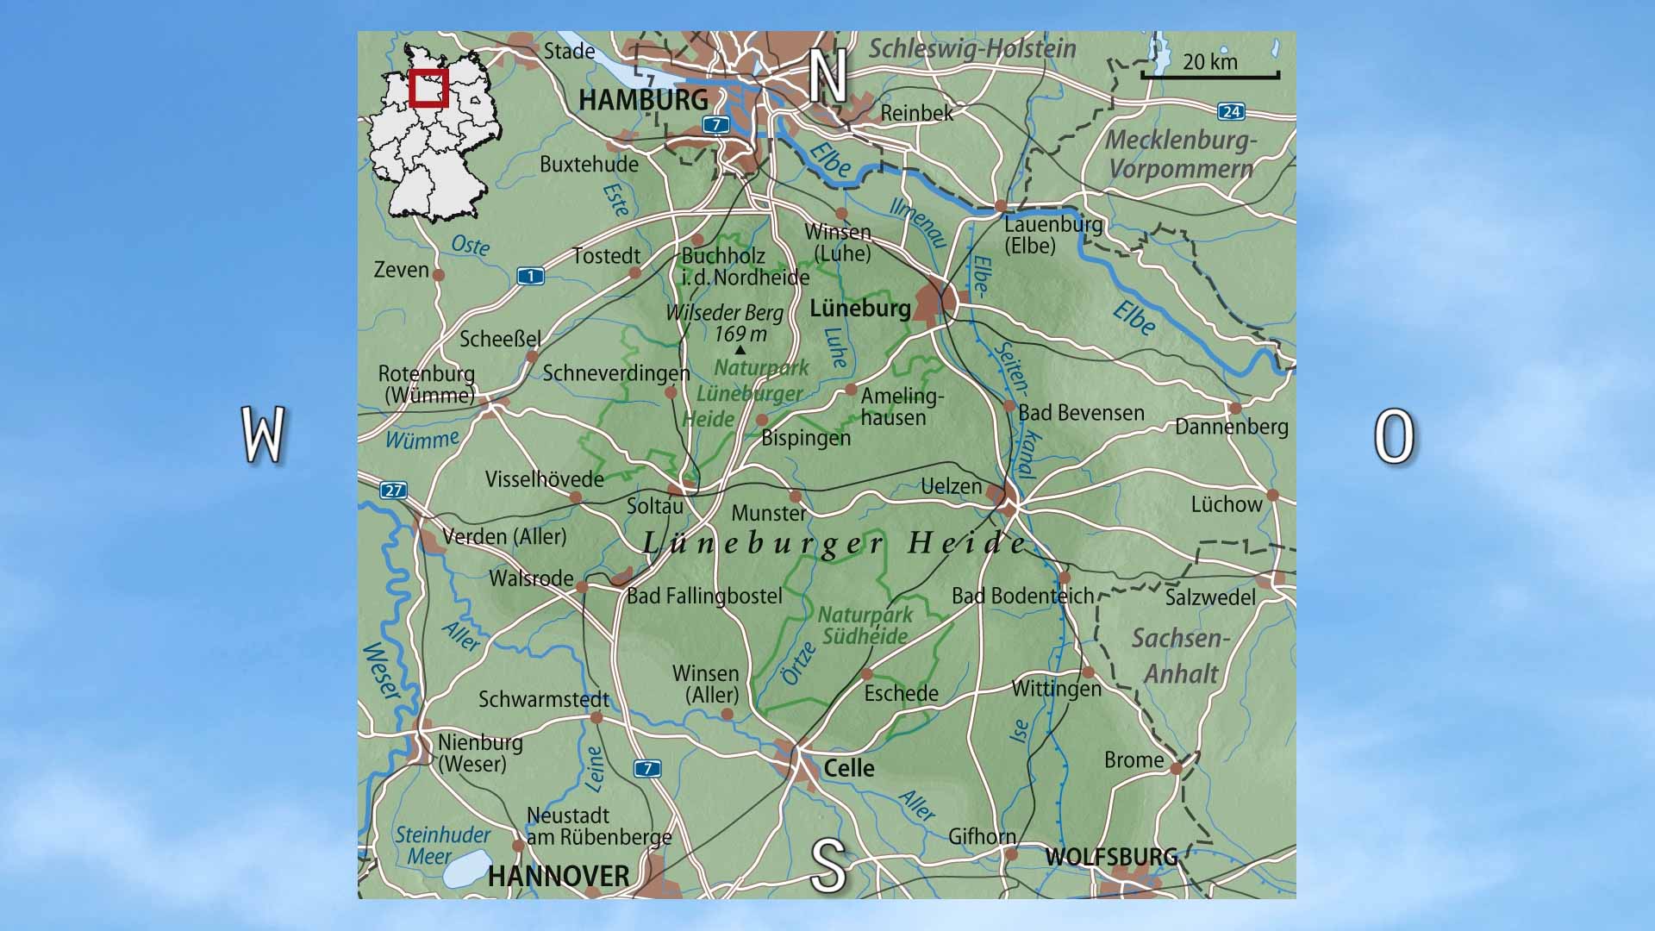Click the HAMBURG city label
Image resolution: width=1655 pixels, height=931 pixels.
click(643, 99)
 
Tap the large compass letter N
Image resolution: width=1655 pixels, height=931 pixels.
click(827, 77)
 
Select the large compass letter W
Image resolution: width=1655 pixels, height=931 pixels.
click(263, 435)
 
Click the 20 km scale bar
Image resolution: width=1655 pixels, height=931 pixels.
click(1210, 76)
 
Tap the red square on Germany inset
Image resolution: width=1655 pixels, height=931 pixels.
click(428, 89)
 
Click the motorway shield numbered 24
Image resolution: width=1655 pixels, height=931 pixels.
click(1231, 111)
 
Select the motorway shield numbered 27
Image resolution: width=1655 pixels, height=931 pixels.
click(393, 490)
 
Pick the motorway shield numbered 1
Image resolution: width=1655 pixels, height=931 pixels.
click(531, 276)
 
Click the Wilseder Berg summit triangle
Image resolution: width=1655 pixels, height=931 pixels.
click(740, 350)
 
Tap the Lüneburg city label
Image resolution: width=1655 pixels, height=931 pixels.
click(860, 308)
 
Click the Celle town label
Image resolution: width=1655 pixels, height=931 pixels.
click(849, 768)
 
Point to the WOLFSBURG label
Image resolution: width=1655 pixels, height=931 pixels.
click(1111, 856)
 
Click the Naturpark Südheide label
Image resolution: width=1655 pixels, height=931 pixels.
click(865, 625)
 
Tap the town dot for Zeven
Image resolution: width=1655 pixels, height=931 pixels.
click(438, 275)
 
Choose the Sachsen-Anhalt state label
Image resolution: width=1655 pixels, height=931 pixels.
click(1181, 655)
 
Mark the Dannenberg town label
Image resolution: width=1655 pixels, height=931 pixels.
click(1231, 427)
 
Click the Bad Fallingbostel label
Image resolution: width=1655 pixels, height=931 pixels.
click(704, 596)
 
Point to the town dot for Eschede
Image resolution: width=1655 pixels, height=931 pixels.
click(867, 674)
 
